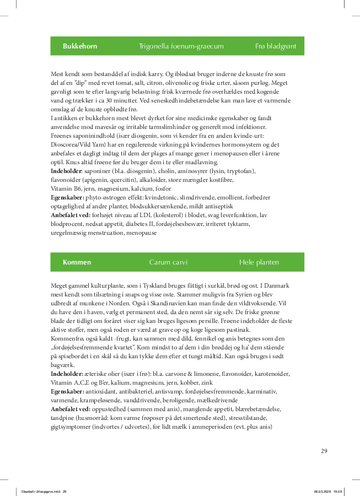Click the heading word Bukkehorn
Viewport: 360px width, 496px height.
click(80, 46)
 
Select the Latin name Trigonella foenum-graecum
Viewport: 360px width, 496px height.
click(181, 46)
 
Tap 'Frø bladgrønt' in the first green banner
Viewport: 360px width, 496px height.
click(276, 46)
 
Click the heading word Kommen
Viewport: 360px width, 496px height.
click(77, 262)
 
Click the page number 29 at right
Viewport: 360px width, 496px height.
click(324, 451)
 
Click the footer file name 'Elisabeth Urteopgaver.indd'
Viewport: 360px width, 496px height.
click(41, 491)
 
